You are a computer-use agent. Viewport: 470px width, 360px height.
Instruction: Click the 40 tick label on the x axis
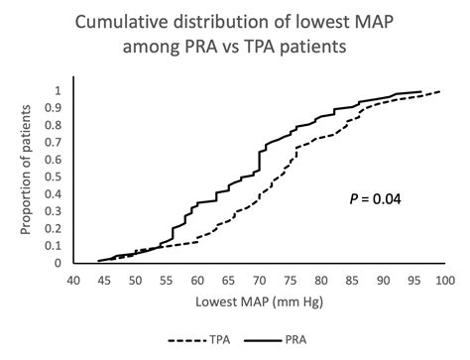click(x=73, y=282)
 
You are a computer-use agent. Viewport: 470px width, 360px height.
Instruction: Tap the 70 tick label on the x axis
click(x=259, y=282)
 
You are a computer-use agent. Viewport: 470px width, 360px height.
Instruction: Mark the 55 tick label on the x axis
click(x=167, y=282)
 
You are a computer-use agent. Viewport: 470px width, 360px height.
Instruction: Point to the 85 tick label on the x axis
click(x=352, y=282)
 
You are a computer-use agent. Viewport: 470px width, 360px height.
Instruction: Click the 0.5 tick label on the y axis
click(x=55, y=177)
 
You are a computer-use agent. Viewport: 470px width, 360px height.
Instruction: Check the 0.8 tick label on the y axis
click(x=55, y=125)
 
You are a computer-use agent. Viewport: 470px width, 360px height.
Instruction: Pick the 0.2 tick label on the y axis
click(x=55, y=229)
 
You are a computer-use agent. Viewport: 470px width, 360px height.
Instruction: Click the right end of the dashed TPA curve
click(x=439, y=90)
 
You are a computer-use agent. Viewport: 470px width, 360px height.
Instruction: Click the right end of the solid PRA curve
click(x=421, y=91)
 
